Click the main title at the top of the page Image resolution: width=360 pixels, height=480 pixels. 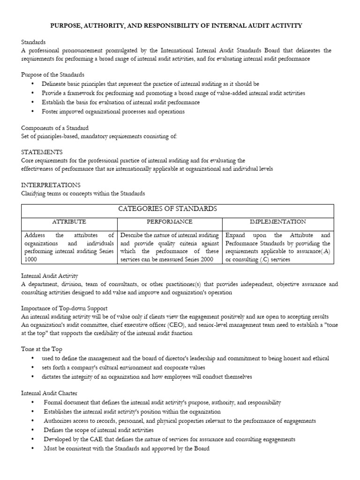180,26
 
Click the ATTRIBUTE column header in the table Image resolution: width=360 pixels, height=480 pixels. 68,221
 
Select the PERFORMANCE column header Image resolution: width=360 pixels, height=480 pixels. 169,221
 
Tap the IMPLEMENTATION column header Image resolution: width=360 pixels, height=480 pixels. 277,221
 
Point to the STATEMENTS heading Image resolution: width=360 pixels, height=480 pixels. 42,152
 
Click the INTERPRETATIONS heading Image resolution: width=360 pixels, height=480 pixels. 51,185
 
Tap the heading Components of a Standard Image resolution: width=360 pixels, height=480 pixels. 55,128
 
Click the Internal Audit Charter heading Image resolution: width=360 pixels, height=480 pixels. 49,393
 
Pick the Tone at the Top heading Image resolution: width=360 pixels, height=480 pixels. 42,349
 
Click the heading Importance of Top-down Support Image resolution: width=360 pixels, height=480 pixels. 64,308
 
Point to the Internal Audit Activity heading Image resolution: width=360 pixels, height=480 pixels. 50,276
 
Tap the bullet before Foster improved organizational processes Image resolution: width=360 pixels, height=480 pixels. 32,112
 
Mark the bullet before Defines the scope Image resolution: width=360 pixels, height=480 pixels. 32,430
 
